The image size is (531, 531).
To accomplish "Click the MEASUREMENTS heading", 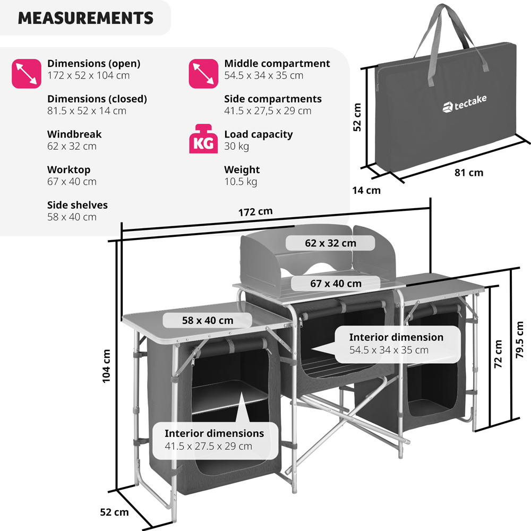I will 85,18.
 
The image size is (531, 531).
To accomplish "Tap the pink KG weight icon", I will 203,140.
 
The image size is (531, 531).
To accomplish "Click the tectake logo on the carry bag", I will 464,104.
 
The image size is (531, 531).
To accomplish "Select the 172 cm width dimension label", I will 255,211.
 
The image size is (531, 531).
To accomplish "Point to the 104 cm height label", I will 107,366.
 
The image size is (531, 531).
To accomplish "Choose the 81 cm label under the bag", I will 469,173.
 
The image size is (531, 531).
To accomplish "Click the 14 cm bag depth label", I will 366,190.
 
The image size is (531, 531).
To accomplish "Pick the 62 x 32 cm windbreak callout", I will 330,243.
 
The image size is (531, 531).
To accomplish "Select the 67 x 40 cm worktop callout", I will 336,284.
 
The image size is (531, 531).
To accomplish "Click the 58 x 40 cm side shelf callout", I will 207,320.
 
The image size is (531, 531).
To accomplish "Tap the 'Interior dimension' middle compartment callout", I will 396,343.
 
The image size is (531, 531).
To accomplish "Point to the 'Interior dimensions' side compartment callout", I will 214,440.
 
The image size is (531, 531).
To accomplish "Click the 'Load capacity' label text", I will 258,134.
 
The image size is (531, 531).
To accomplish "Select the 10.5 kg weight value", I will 240,182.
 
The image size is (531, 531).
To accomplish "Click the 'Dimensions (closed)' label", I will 97,99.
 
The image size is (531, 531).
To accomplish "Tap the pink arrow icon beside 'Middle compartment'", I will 203,73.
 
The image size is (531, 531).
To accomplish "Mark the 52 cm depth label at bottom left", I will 114,512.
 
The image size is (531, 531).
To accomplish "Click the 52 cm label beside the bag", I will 357,117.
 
